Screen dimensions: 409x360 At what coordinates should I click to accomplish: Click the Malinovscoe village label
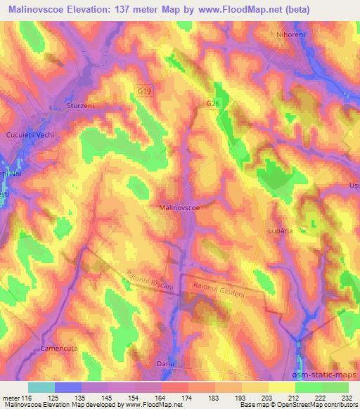tap(181, 207)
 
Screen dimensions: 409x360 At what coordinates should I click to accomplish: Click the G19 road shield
tap(143, 91)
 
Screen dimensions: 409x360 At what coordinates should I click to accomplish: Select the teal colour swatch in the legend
tap(41, 387)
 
